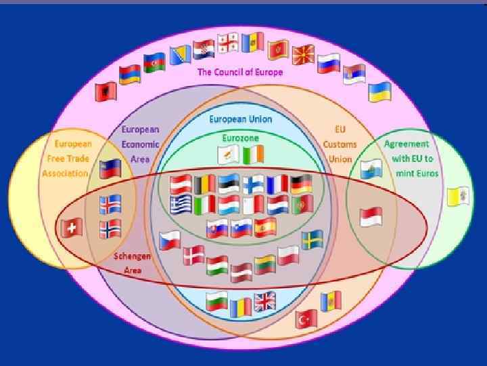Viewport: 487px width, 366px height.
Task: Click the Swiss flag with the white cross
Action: point(71,228)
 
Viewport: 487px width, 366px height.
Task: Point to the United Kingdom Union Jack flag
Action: point(265,302)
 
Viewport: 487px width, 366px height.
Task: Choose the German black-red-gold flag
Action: point(301,184)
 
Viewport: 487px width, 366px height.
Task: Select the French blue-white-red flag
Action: point(277,184)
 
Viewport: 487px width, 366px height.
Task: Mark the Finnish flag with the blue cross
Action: point(253,184)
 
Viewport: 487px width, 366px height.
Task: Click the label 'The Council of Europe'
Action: point(240,72)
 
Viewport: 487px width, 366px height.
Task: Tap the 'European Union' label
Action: point(240,119)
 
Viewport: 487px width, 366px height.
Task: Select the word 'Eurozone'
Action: point(240,138)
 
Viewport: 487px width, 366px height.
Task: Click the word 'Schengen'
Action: point(132,257)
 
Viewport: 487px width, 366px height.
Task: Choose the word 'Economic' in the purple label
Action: point(140,144)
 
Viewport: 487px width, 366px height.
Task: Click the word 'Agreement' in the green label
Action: point(407,144)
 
